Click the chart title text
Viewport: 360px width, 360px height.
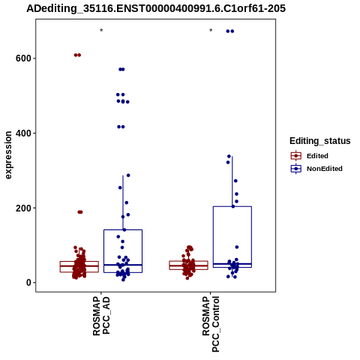[156, 8]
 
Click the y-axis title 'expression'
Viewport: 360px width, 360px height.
[8, 155]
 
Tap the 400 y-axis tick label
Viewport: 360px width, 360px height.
[23, 133]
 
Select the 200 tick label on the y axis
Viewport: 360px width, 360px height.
[23, 208]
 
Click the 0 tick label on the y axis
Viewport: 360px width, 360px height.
[28, 283]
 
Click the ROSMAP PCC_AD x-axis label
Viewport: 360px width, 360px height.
[101, 316]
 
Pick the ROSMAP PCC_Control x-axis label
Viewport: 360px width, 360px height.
[211, 324]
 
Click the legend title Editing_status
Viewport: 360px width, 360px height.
[320, 141]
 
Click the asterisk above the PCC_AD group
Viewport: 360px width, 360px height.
[101, 31]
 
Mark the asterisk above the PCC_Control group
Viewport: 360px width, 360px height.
[211, 31]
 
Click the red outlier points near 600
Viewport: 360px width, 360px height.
[77, 55]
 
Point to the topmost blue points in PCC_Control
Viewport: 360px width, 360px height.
[230, 31]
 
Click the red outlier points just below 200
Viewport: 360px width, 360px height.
[80, 212]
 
